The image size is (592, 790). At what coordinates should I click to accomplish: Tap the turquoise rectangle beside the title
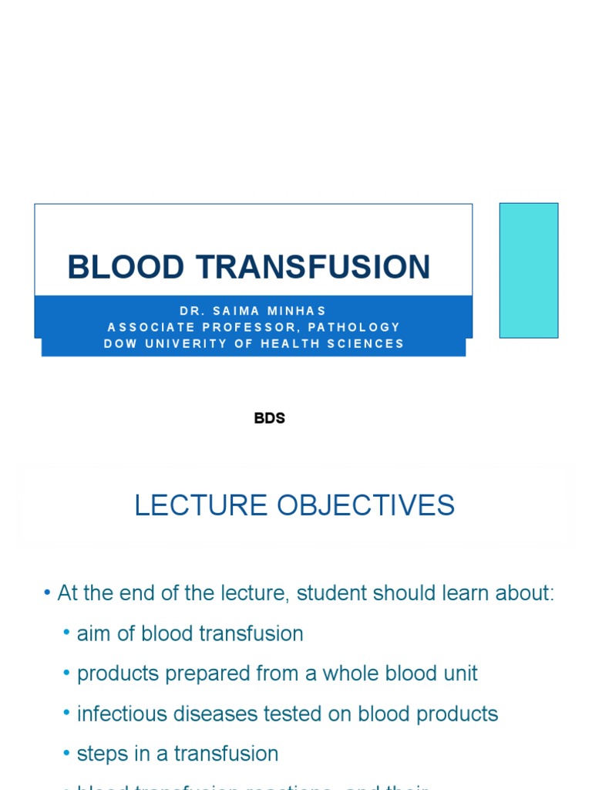point(529,270)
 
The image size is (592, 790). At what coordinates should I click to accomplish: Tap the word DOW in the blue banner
point(118,343)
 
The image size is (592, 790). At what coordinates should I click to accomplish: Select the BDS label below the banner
point(270,418)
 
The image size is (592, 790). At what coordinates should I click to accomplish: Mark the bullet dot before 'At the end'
point(48,594)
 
